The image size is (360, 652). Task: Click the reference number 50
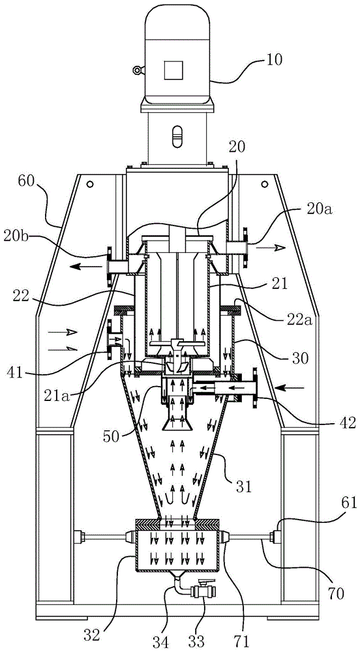[112, 424]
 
